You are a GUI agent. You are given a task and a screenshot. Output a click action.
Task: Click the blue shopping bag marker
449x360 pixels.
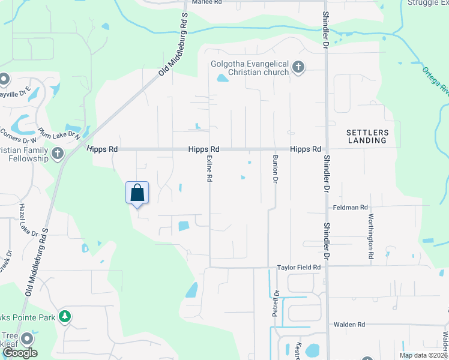(x=137, y=193)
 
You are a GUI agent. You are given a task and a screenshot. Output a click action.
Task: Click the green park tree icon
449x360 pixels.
(x=65, y=316)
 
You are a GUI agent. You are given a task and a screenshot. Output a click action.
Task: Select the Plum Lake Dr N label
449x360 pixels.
(x=67, y=132)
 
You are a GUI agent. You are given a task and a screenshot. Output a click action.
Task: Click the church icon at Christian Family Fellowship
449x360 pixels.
(x=57, y=154)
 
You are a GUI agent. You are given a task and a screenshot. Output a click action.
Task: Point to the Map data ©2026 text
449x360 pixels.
(x=423, y=355)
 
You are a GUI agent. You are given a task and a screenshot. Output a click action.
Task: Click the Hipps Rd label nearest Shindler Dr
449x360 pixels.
(x=305, y=149)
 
